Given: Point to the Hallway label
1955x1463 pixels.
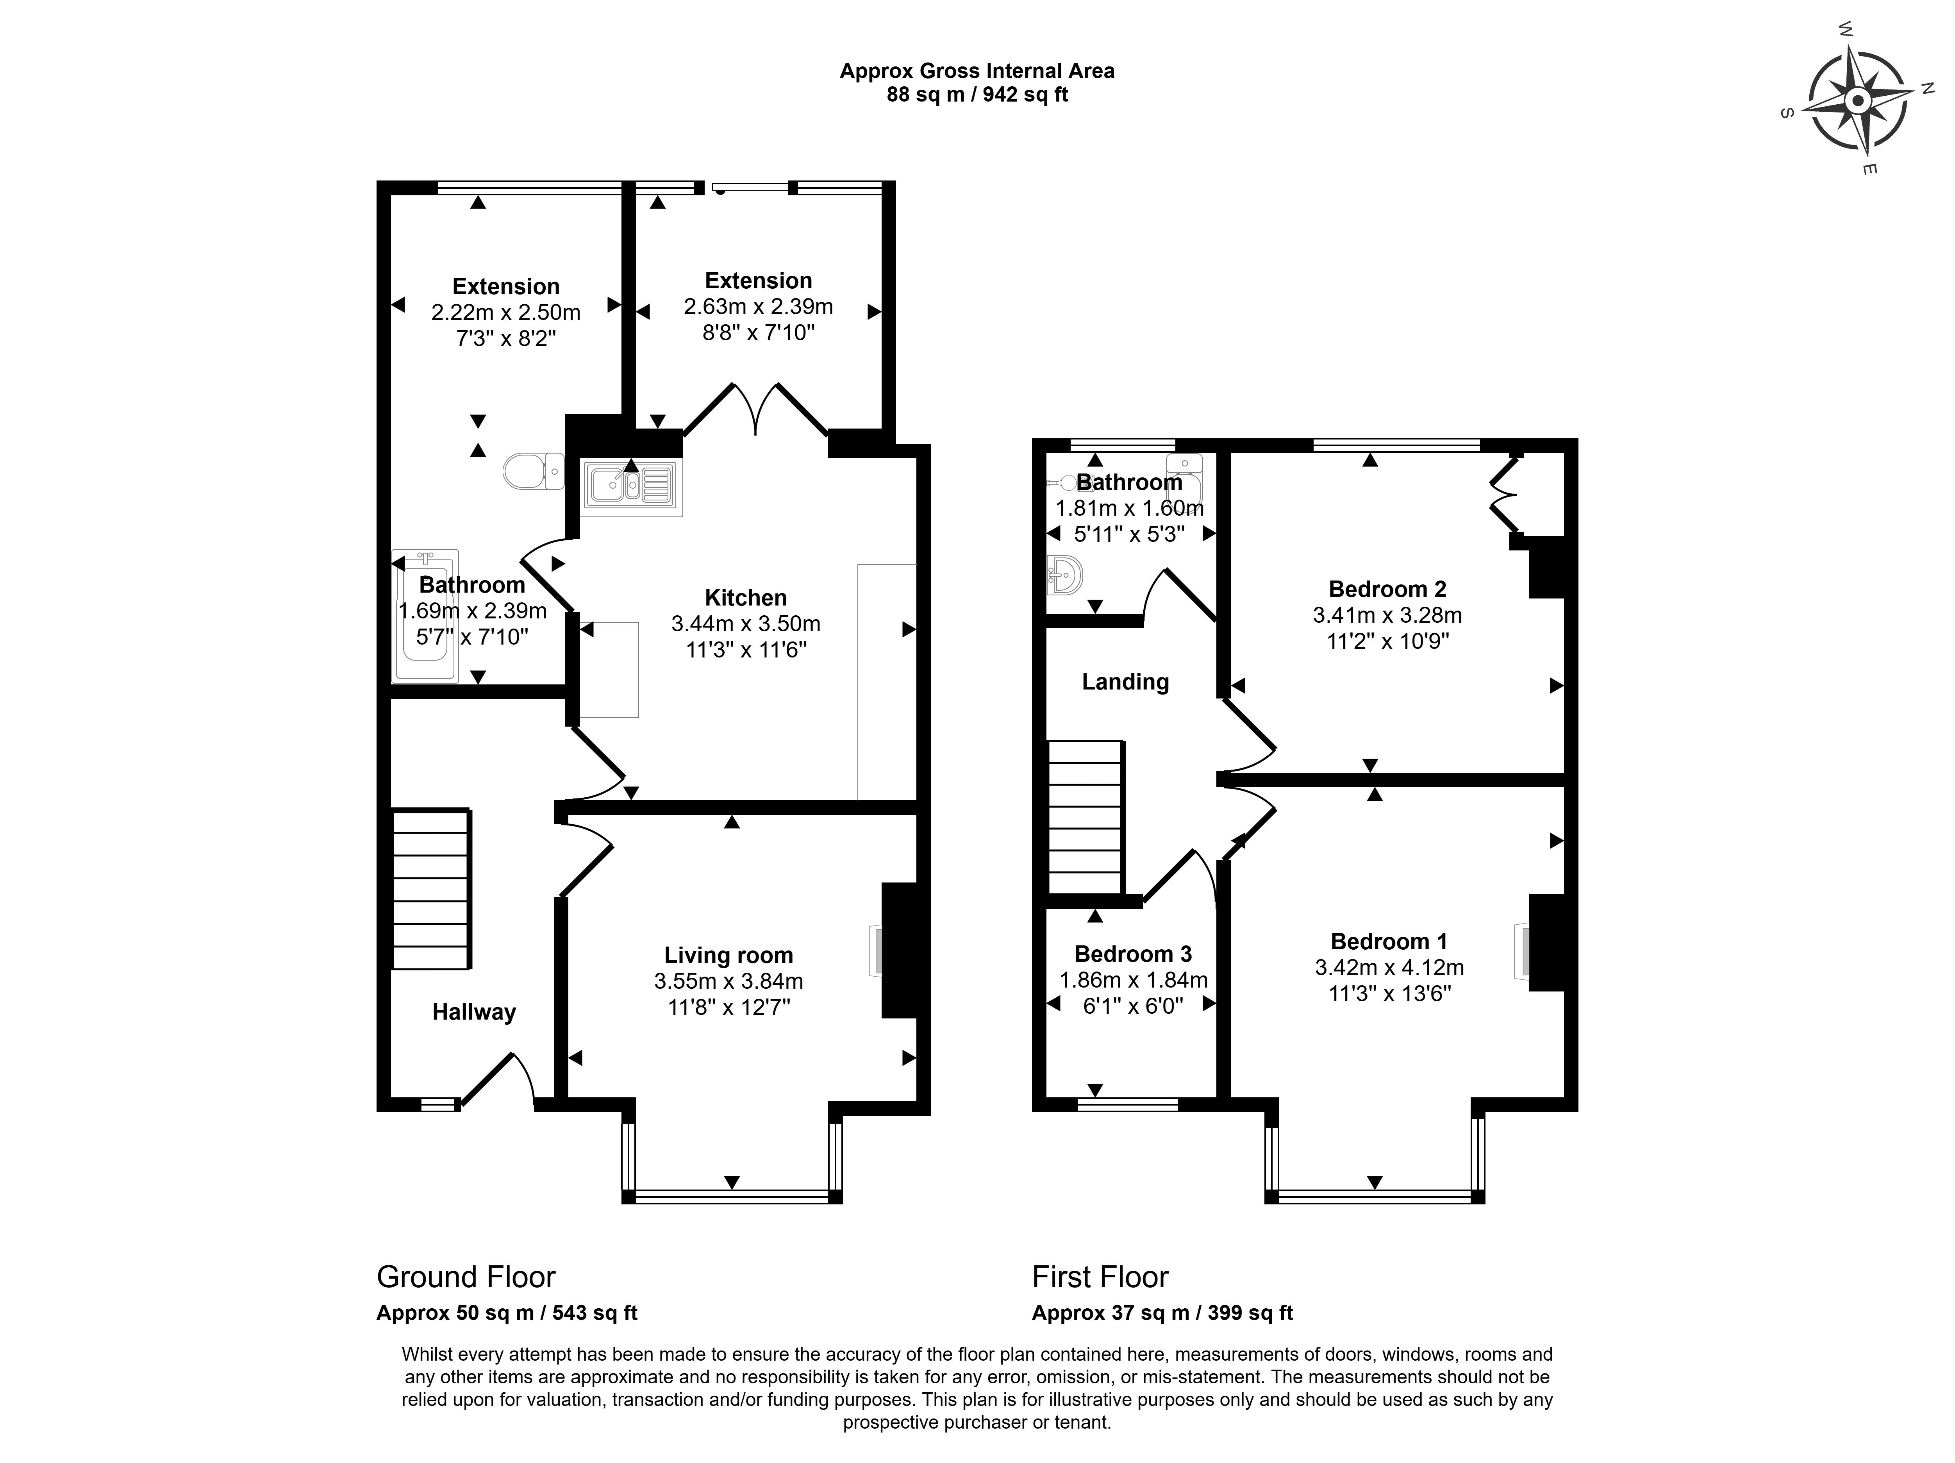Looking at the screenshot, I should (x=474, y=1012).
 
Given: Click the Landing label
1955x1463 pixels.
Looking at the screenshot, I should (x=1125, y=682).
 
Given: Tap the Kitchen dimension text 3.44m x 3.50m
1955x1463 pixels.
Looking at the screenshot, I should (x=745, y=623).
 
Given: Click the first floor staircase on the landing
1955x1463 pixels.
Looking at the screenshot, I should (x=1086, y=818).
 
